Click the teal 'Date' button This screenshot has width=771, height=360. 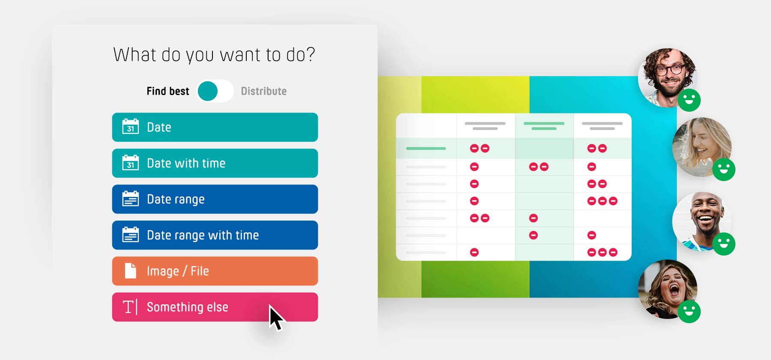coord(215,127)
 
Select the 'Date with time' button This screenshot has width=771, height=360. coord(215,163)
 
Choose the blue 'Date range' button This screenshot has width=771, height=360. coord(215,199)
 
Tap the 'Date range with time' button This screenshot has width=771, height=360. coord(215,235)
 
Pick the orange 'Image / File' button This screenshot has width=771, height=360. coord(215,271)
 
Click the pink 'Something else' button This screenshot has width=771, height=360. coord(215,307)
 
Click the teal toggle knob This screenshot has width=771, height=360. coord(208,91)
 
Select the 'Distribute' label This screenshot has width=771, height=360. coord(264,91)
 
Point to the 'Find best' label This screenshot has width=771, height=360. coord(168,91)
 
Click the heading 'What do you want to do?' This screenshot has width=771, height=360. coord(214,55)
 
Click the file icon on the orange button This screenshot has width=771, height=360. coord(131,271)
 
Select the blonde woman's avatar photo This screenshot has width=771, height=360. coord(702,147)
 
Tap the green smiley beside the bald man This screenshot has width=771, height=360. coord(724,244)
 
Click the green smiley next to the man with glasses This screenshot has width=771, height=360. coord(689,100)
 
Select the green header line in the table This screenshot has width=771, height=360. coord(544,123)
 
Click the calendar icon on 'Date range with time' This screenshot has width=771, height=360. coord(131,235)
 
